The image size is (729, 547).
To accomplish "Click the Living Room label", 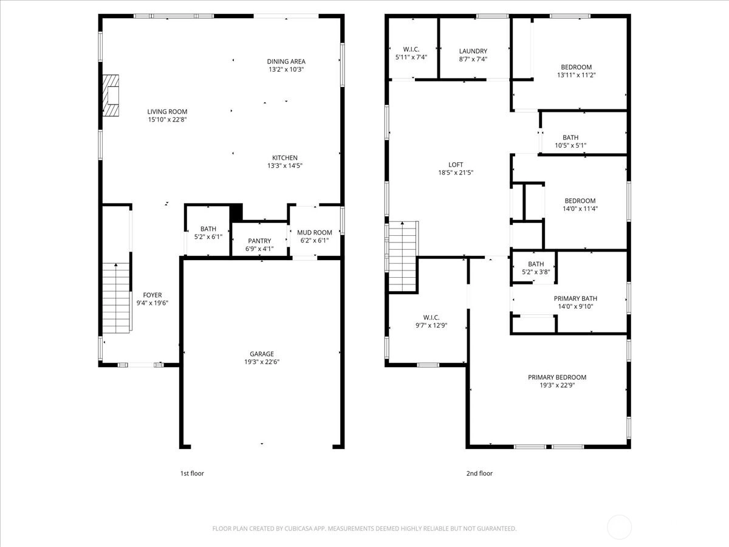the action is pyautogui.click(x=167, y=112).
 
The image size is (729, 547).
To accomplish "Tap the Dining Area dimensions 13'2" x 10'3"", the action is pyautogui.click(x=286, y=69).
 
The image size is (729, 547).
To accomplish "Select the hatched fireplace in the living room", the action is pyautogui.click(x=111, y=95).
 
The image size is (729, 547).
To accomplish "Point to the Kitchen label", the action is pyautogui.click(x=285, y=158).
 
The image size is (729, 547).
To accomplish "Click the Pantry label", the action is pyautogui.click(x=259, y=241).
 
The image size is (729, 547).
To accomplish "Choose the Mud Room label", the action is pyautogui.click(x=315, y=233).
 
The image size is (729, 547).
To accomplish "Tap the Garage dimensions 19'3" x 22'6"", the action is pyautogui.click(x=262, y=362).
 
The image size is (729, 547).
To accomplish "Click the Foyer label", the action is pyautogui.click(x=152, y=295).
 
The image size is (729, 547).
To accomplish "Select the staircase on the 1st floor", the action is pyautogui.click(x=116, y=298).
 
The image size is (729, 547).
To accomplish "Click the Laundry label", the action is pyautogui.click(x=473, y=51).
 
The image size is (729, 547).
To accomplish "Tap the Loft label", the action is pyautogui.click(x=456, y=165).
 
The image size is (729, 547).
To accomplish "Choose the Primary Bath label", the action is pyautogui.click(x=575, y=298).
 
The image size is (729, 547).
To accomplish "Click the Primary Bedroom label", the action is pyautogui.click(x=557, y=377).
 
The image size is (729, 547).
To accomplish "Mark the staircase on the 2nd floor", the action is pyautogui.click(x=403, y=256).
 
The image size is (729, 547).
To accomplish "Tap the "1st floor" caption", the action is pyautogui.click(x=192, y=473).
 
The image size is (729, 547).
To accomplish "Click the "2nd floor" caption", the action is pyautogui.click(x=479, y=473).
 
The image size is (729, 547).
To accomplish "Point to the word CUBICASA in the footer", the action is pyautogui.click(x=298, y=528).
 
